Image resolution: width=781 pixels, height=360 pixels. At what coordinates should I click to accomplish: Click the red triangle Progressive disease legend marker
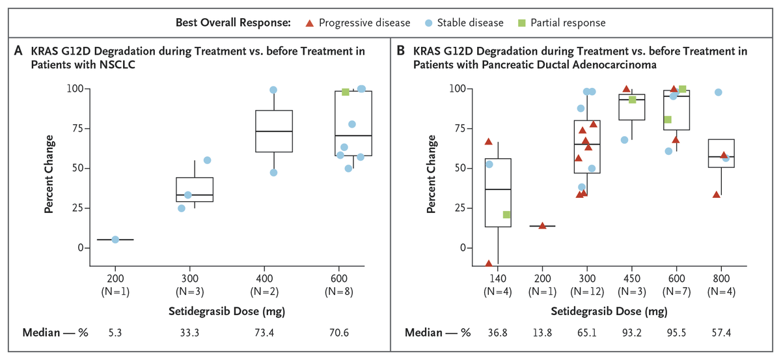pos(310,23)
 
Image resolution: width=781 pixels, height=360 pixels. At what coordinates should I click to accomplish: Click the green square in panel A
pos(346,92)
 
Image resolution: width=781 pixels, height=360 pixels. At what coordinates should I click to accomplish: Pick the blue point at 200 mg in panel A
pos(115,240)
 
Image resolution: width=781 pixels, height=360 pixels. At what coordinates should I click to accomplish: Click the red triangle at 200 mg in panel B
pos(542,226)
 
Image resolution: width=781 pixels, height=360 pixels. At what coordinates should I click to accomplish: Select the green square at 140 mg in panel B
pos(506,215)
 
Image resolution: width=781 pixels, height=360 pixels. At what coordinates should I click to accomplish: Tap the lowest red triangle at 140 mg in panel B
pos(488,264)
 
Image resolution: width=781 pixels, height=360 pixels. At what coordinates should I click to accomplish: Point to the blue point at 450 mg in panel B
pos(625,140)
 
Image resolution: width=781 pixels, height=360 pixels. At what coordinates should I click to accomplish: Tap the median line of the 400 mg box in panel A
pos(273,132)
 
